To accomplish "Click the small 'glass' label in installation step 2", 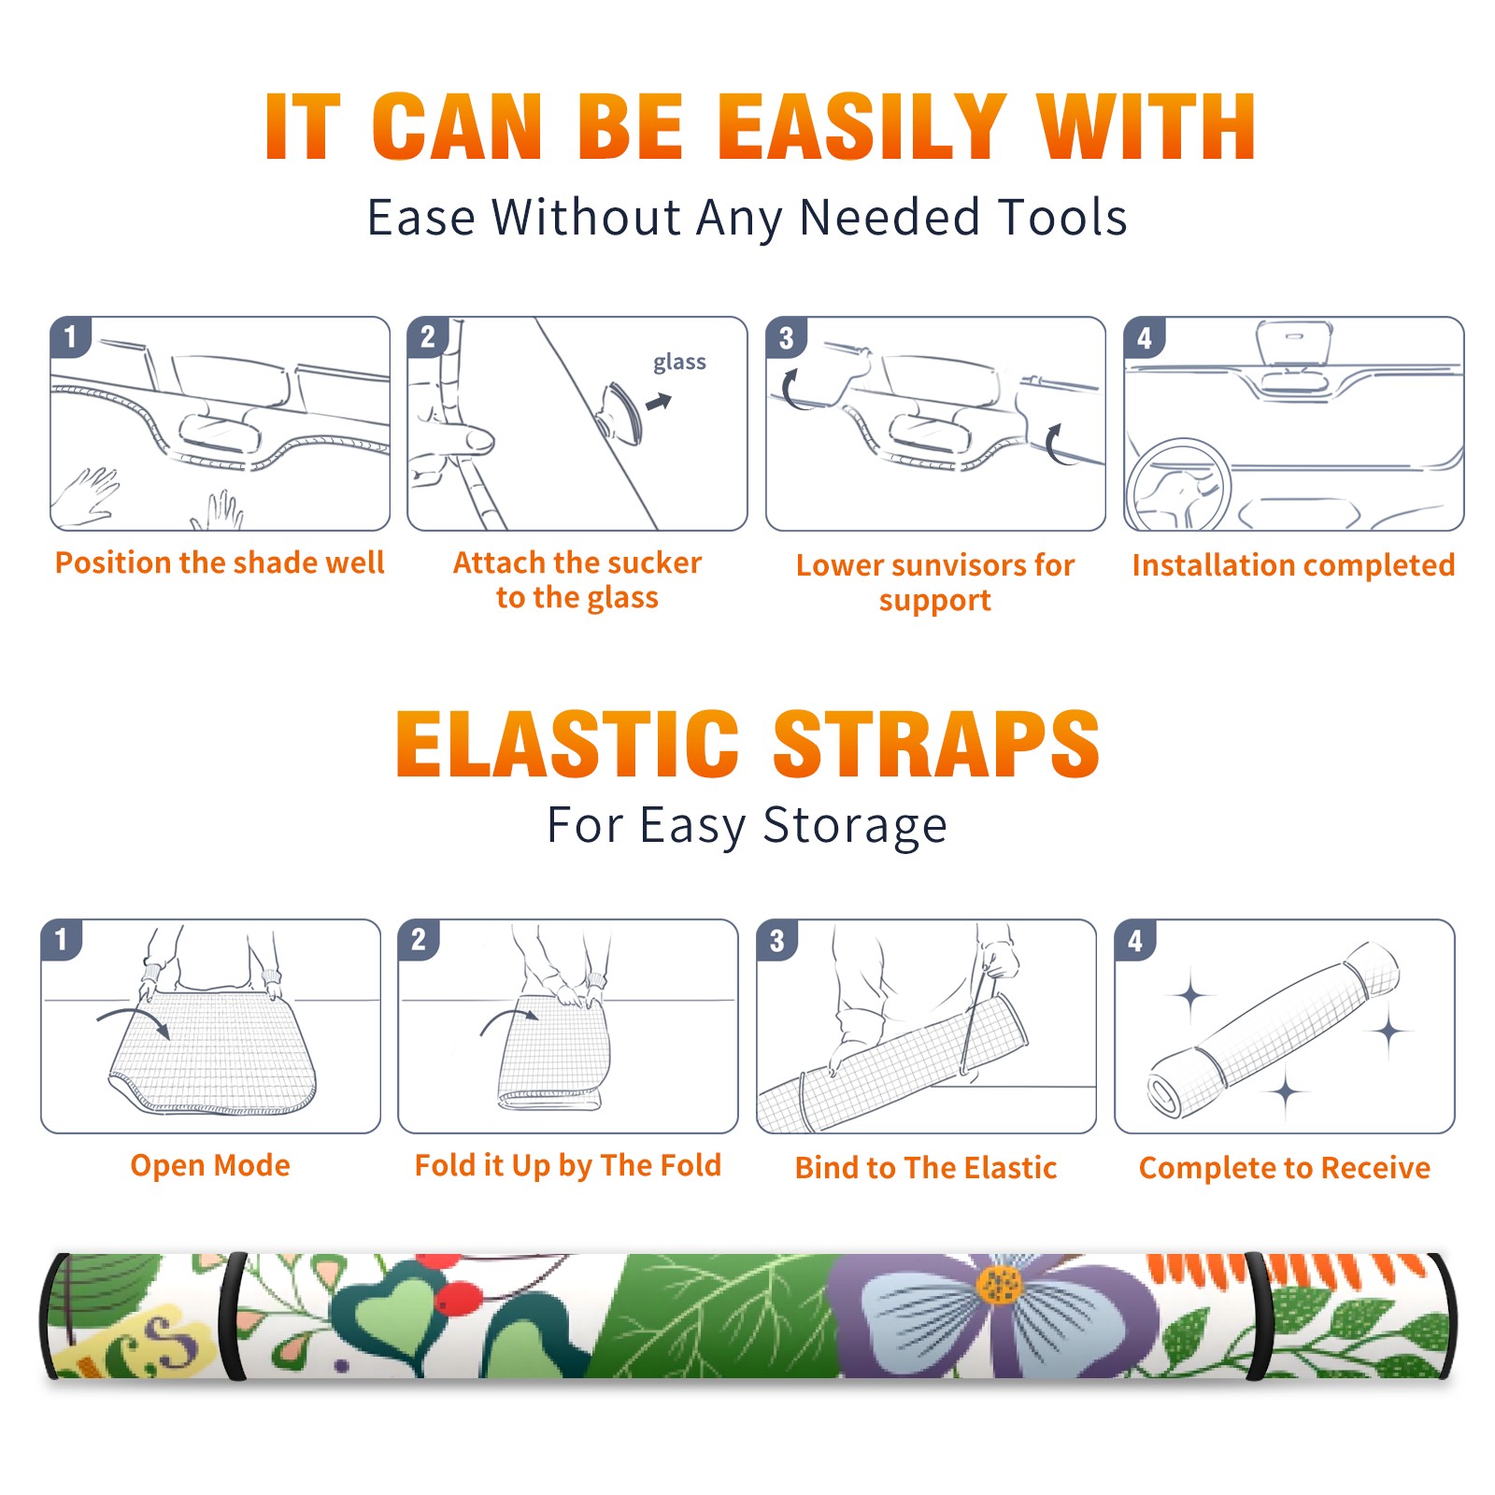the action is pos(679,363).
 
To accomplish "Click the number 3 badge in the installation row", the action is pos(786,338).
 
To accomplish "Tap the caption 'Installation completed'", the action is pos(1293,565).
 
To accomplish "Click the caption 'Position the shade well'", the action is pos(220,562).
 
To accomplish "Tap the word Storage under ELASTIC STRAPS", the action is pos(855,826).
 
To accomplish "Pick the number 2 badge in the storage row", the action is pos(419,940).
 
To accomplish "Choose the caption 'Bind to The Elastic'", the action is pos(926,1168).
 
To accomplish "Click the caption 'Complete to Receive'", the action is pos(1285,1168).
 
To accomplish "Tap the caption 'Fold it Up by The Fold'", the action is pos(568,1166).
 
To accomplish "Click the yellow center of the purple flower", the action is pos(1000,1285).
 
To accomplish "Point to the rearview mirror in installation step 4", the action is pos(1293,345).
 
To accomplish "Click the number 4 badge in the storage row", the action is pos(1135,940).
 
